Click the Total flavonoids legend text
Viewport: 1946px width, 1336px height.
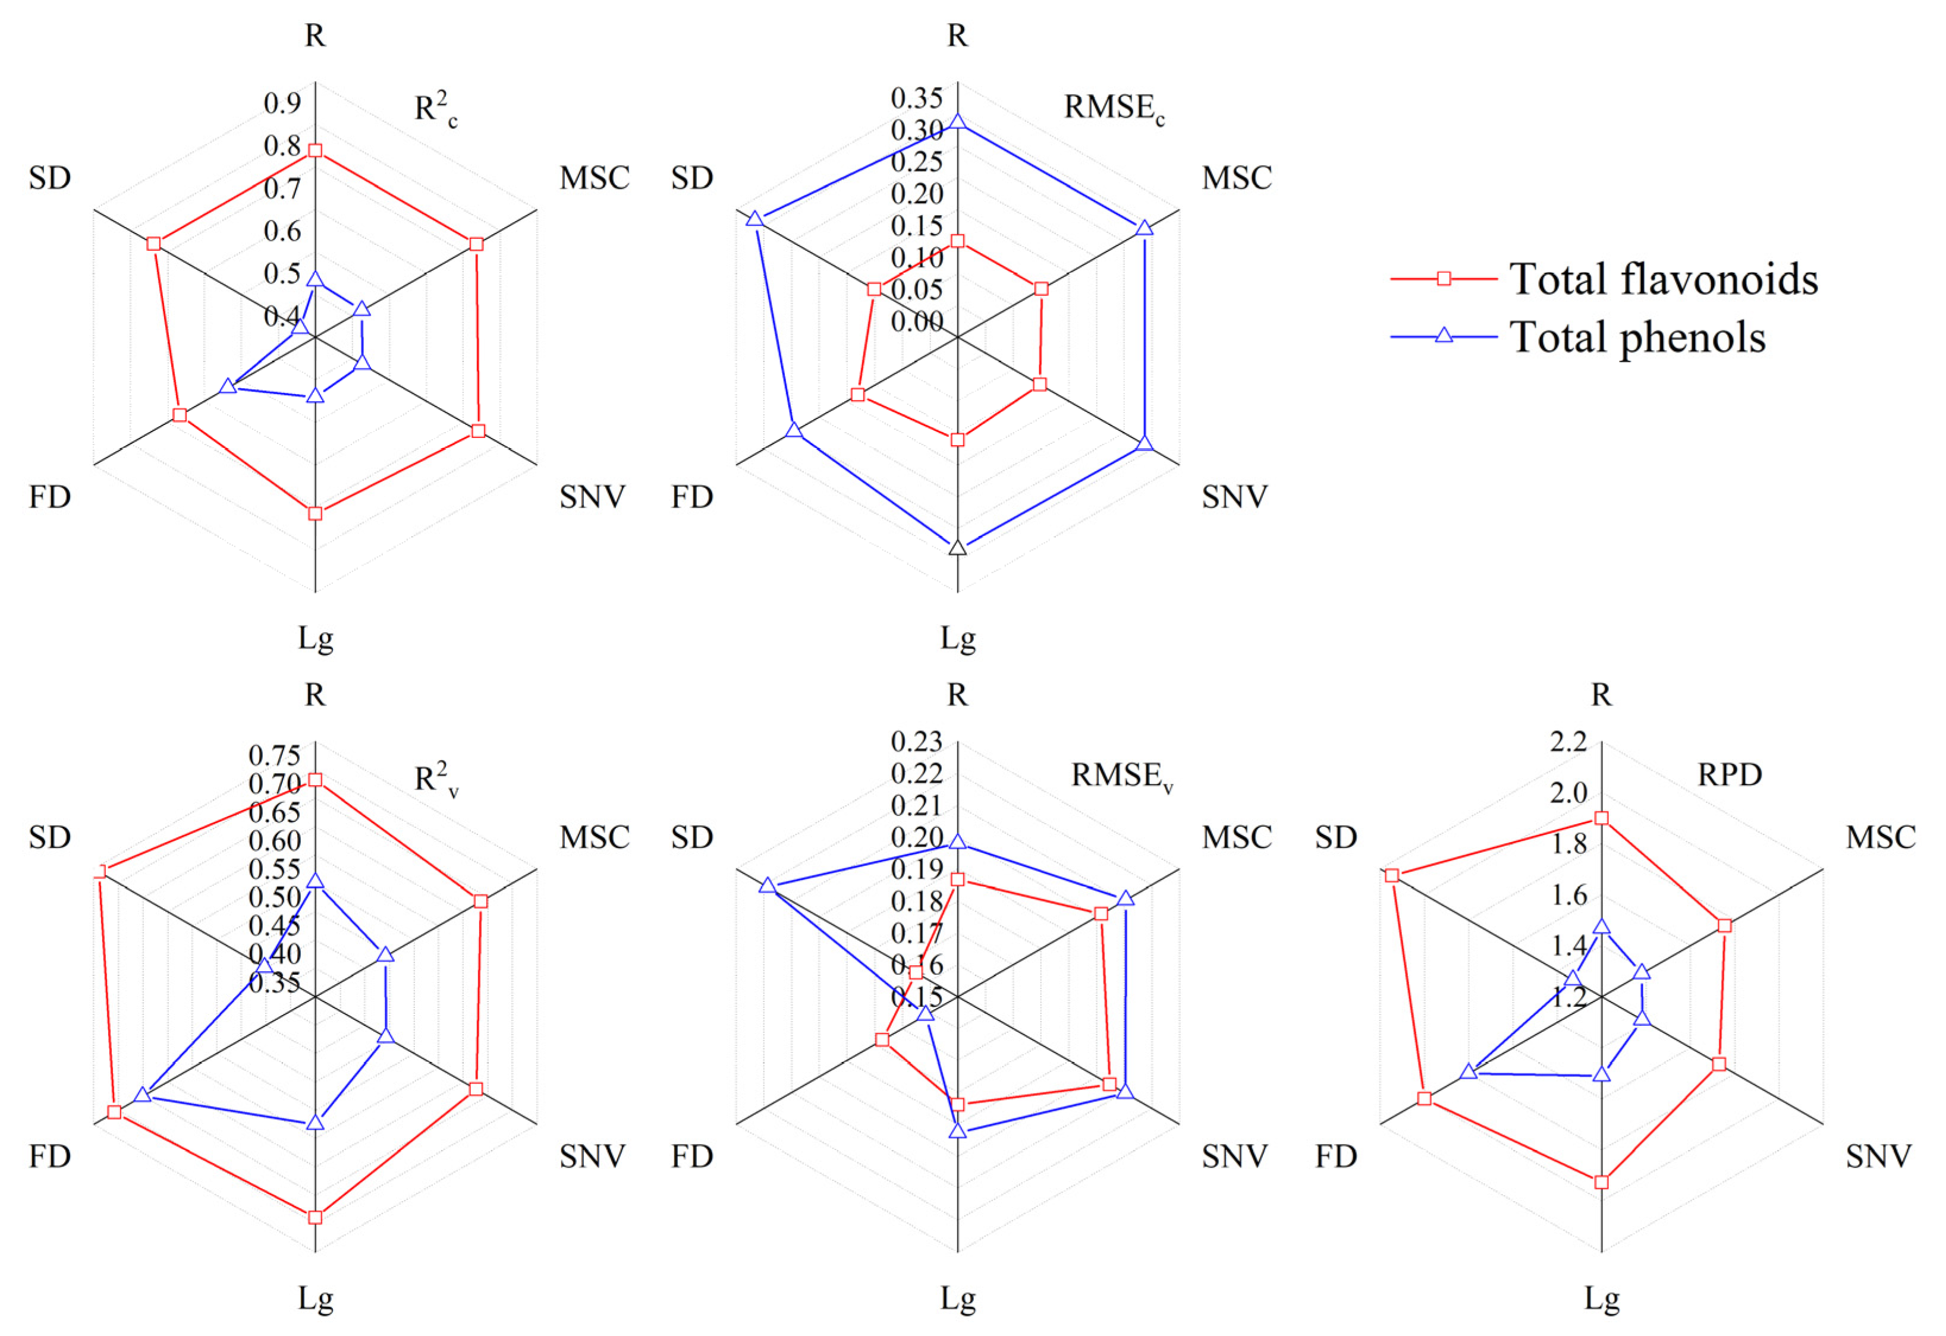click(x=1663, y=279)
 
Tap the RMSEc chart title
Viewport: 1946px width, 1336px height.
click(x=1114, y=108)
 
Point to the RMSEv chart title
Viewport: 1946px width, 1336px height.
click(x=1121, y=776)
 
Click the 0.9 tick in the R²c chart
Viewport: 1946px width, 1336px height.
click(x=282, y=103)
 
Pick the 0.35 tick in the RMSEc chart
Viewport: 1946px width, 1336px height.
click(x=916, y=98)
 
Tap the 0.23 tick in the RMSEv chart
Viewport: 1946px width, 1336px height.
click(x=916, y=742)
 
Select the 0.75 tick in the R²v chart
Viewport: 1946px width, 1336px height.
click(x=275, y=756)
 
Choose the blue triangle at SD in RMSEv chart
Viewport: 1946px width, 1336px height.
click(x=767, y=886)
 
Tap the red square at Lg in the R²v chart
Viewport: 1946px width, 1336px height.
click(x=315, y=1217)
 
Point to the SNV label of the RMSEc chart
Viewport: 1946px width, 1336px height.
click(x=1234, y=497)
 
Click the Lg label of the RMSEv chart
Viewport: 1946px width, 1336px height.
click(x=957, y=1299)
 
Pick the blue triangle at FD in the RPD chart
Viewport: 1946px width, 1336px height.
click(x=1467, y=1072)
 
